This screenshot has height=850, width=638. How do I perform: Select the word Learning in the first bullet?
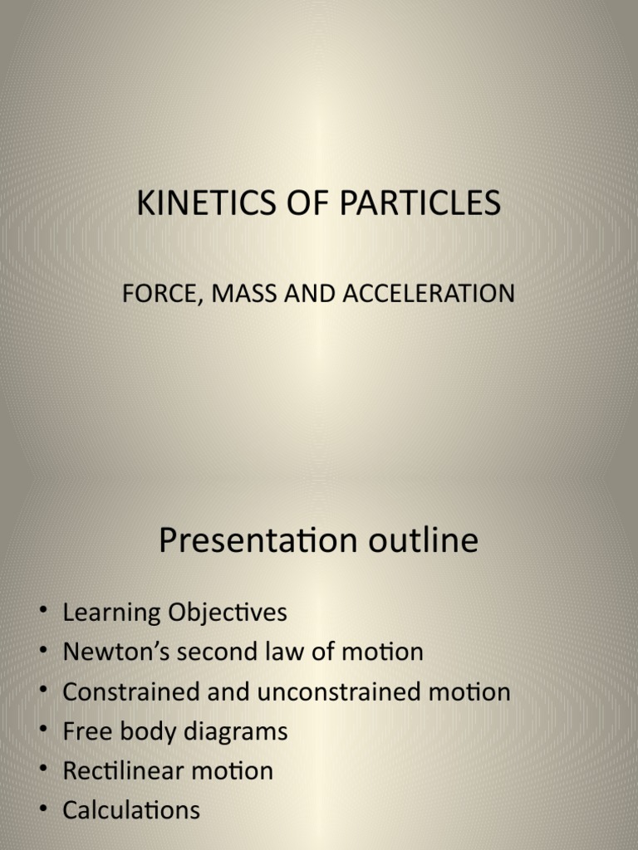111,613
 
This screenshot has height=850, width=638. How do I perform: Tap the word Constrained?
130,691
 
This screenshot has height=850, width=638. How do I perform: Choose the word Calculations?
131,810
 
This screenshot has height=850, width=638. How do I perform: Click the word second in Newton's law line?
218,652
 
